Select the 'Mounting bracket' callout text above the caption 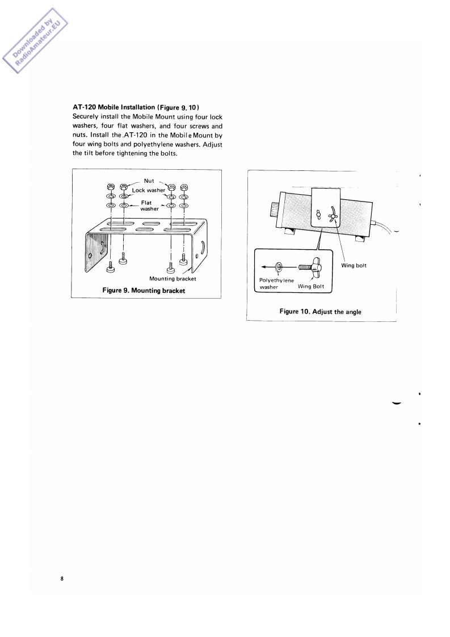tap(173, 278)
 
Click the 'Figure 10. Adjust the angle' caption tap(321, 311)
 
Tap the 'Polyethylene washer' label tap(276, 283)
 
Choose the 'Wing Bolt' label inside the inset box tap(310, 287)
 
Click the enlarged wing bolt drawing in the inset tap(310, 267)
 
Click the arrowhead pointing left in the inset tap(263, 267)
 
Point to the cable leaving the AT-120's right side tap(386, 228)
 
